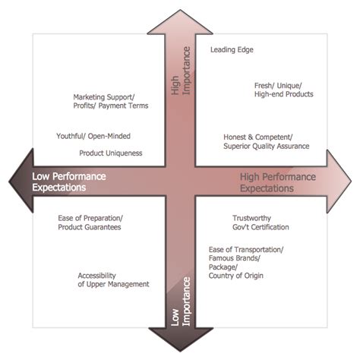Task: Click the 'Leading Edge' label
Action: tap(231, 50)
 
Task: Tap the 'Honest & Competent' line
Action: tap(256, 137)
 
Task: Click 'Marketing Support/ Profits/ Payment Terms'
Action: tap(110, 102)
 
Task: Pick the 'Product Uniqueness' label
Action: tap(110, 153)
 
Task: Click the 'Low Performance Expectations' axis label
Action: tap(69, 182)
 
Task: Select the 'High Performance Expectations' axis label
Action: tap(279, 182)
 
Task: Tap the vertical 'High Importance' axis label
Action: tap(180, 78)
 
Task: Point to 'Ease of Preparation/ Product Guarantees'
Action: tap(90, 223)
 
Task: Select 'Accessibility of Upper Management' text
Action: tap(113, 279)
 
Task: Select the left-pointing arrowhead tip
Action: tap(7, 182)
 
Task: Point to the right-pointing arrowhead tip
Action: tap(352, 182)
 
